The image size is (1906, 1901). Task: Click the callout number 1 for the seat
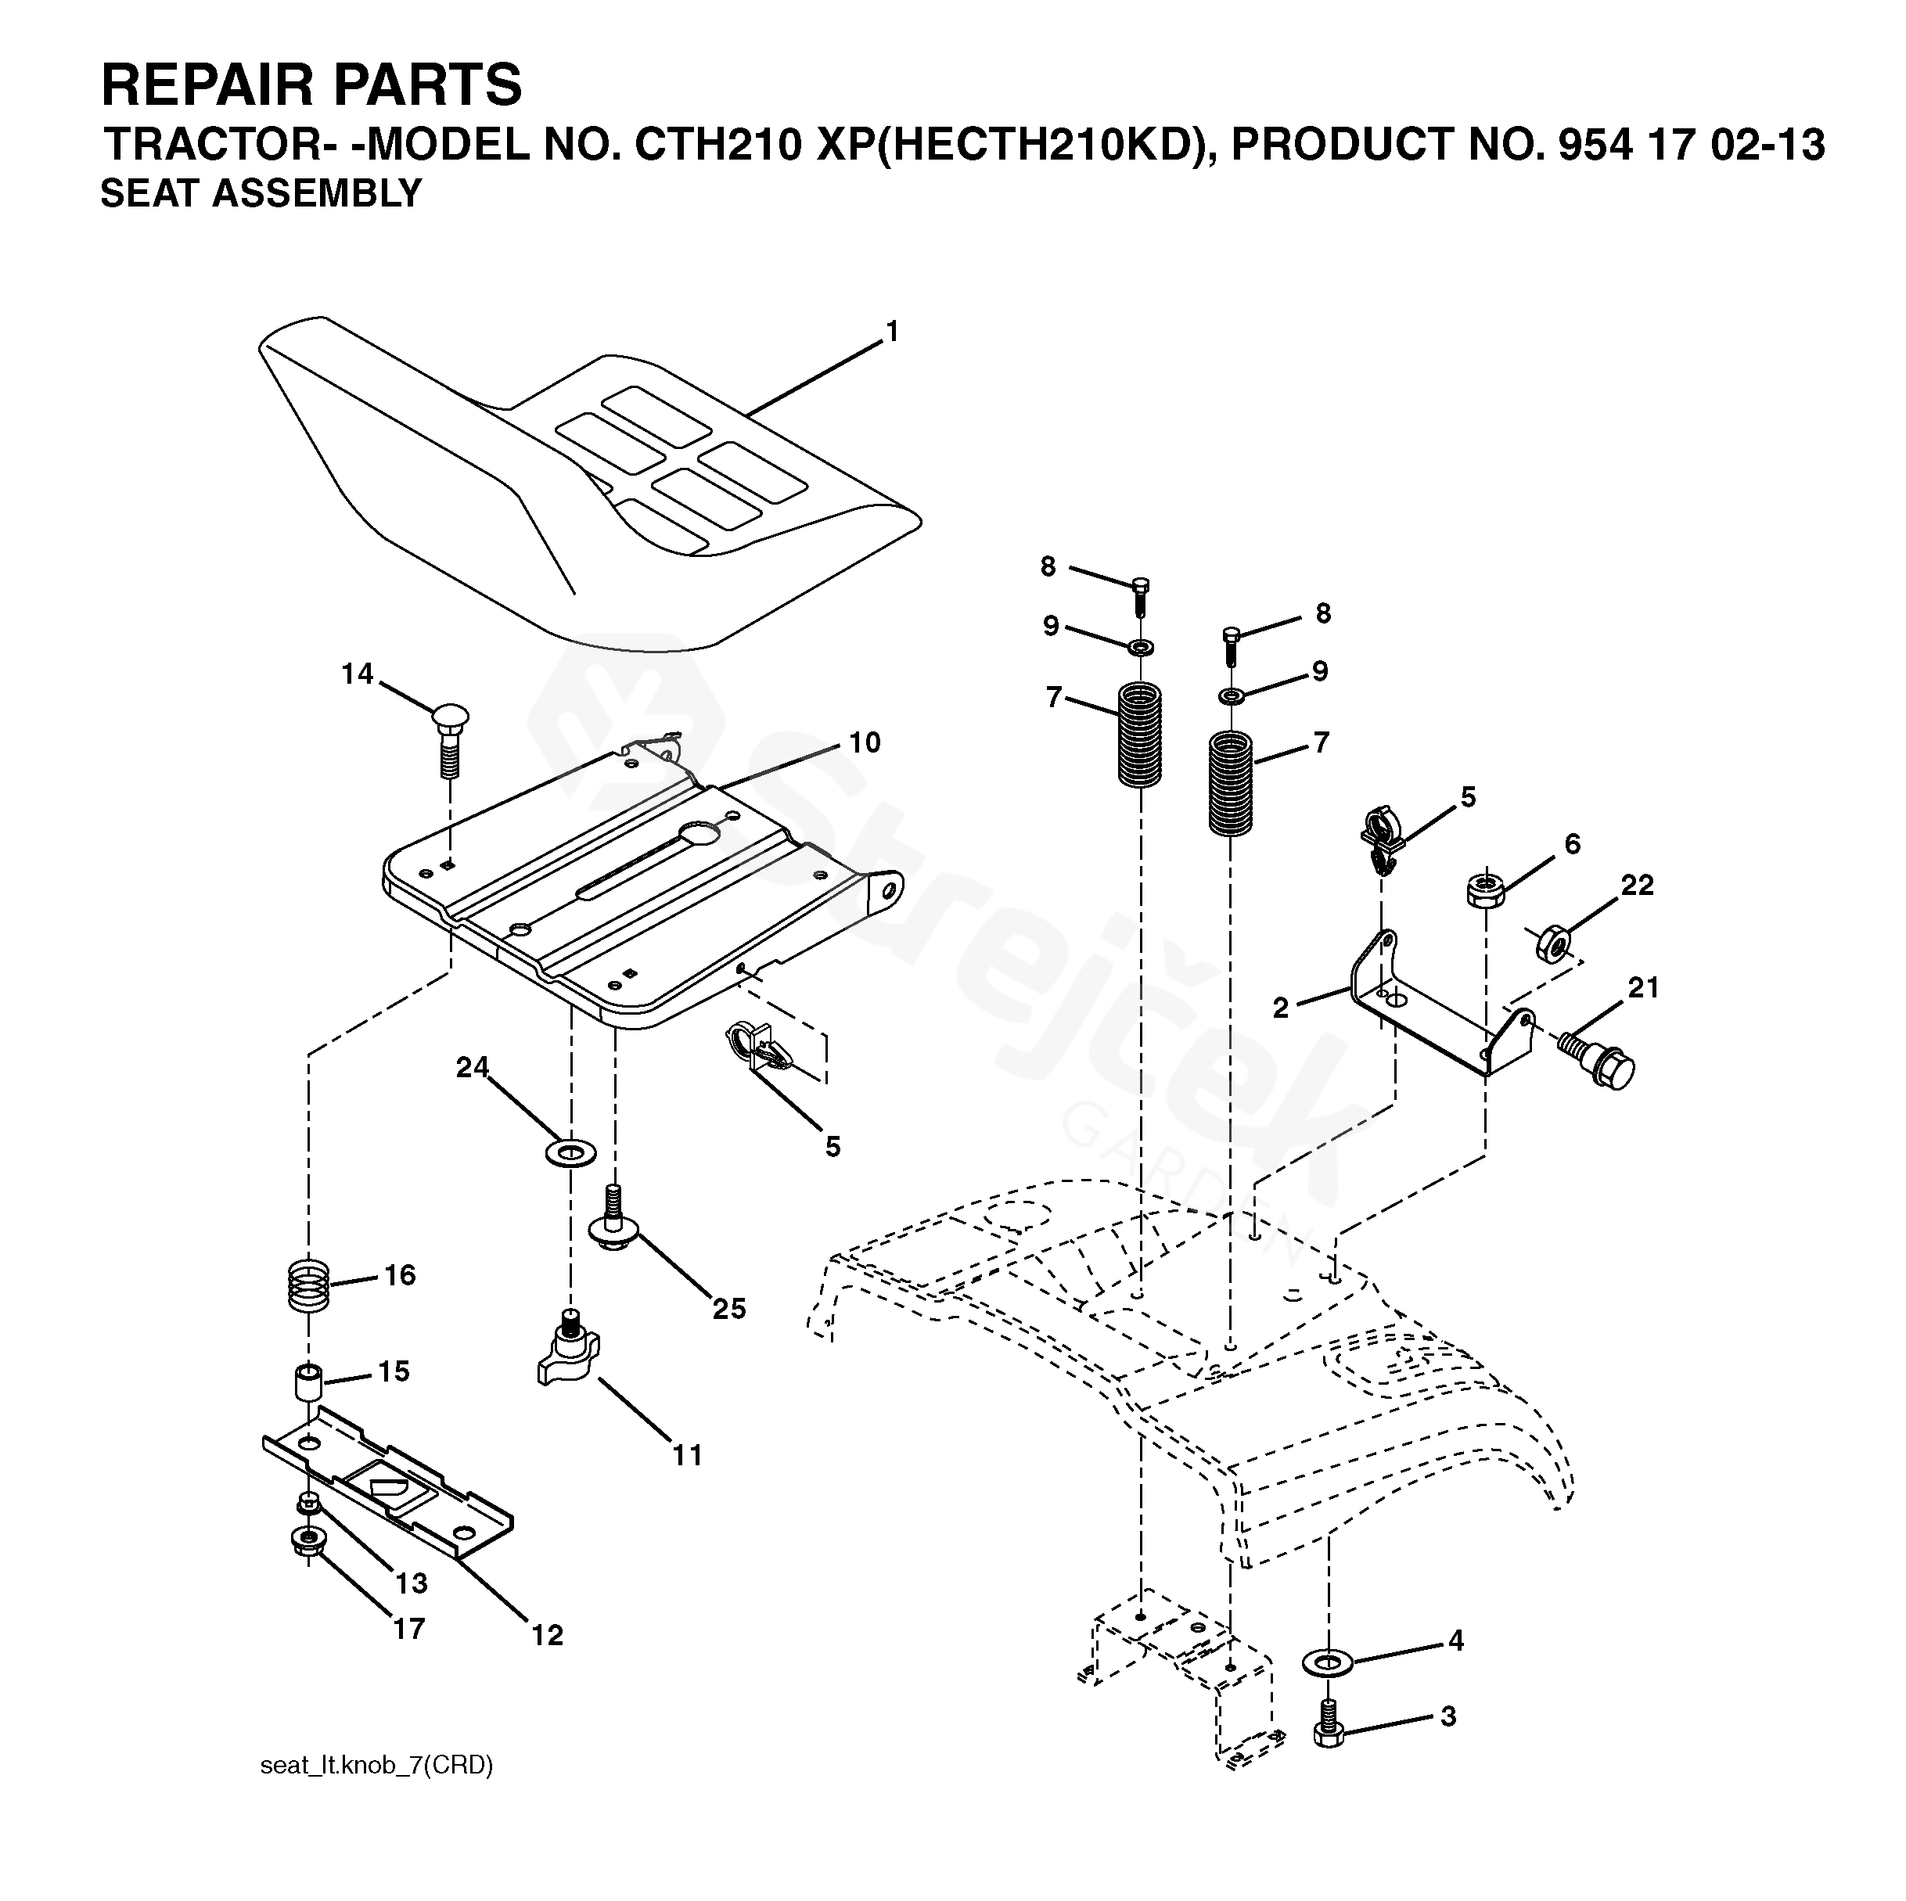coord(893,332)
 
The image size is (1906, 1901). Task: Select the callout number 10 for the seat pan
coord(865,743)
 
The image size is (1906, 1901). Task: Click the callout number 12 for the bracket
coord(548,1635)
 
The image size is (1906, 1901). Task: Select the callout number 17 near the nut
coord(408,1628)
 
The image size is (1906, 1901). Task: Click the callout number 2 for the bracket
coord(1281,1008)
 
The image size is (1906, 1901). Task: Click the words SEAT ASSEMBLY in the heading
coord(261,193)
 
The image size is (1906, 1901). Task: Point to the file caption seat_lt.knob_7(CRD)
coord(376,1792)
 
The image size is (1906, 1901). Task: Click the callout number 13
coord(412,1583)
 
